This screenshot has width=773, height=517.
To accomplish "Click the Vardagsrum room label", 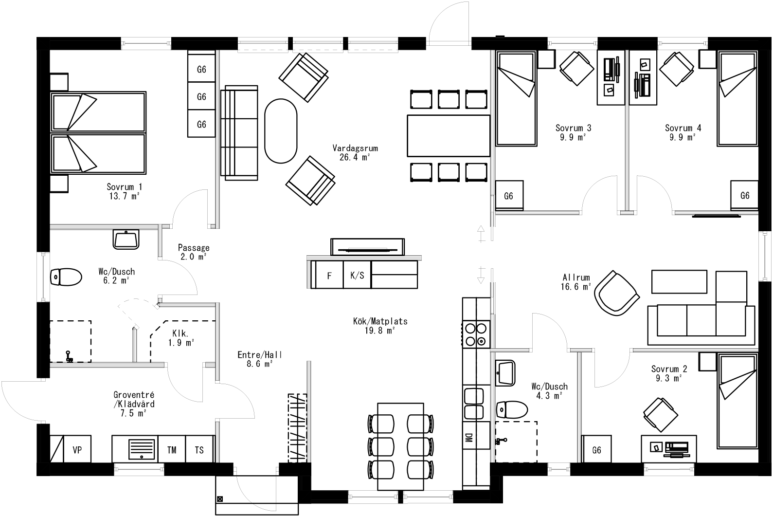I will point(355,152).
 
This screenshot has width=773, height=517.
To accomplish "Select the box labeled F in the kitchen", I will point(329,275).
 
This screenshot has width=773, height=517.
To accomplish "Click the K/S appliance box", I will point(357,275).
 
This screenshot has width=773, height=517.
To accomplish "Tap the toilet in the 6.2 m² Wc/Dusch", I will point(66,277).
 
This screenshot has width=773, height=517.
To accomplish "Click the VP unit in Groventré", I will point(77,450).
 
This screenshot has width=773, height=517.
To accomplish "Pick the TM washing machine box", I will point(172,450).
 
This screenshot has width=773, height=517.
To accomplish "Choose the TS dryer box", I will point(199,450).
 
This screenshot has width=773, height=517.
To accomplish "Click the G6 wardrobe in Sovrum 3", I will point(509,196).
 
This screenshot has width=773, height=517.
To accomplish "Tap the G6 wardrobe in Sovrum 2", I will point(597,450).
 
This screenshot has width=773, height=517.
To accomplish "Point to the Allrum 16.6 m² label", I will point(576,282).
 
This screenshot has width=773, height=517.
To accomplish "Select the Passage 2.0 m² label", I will point(194,252).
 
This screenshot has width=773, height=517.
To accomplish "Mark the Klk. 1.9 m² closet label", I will point(181,338).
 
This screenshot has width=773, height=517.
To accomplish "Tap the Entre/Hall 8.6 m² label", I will point(260,359).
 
